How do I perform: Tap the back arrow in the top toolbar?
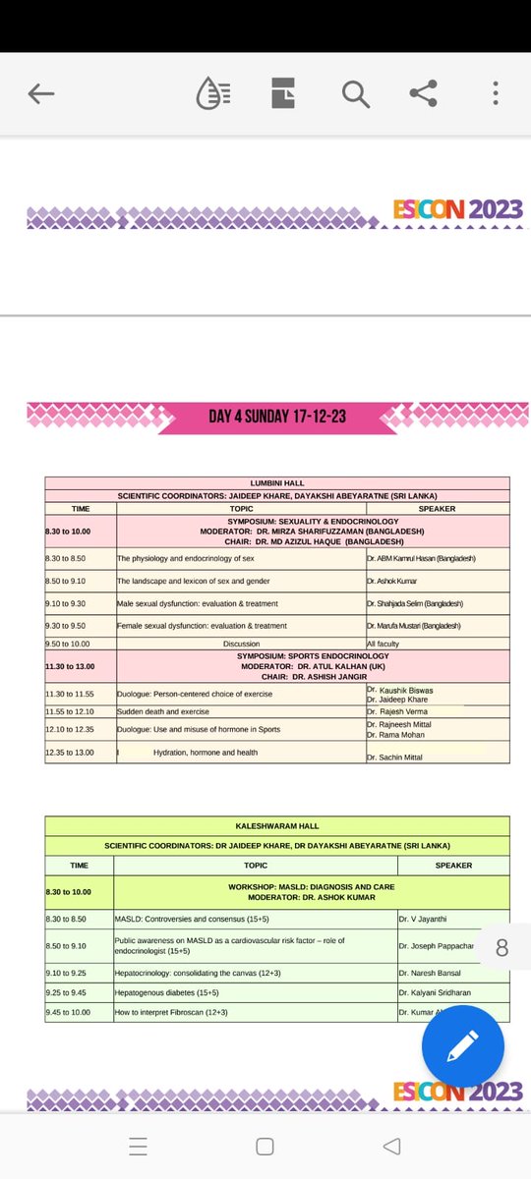coord(41,94)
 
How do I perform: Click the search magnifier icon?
coord(355,94)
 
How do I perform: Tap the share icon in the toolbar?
coord(423,94)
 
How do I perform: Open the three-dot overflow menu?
coord(496,94)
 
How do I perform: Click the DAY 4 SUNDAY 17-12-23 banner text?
coord(277,417)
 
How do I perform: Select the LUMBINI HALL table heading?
coord(276,483)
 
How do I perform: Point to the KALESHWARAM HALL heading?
coord(276,826)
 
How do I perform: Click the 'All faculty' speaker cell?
coord(384,645)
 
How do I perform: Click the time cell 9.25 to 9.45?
coord(67,992)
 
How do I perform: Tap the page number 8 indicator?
coord(502,948)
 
